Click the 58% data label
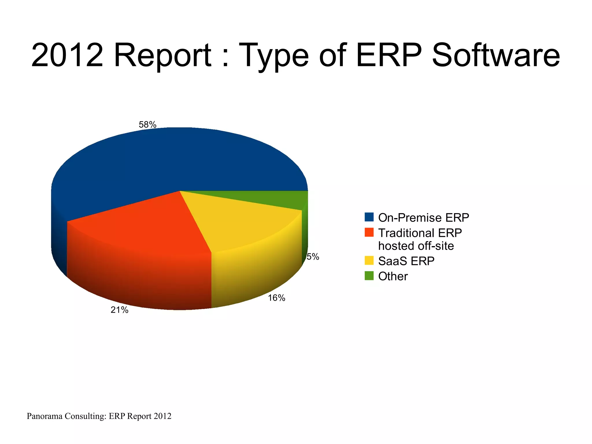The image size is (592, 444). [x=147, y=125]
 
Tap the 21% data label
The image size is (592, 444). [x=119, y=310]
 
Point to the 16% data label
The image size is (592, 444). [x=276, y=298]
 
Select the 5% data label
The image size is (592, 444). [x=313, y=257]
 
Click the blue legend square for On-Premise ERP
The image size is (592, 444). [x=369, y=217]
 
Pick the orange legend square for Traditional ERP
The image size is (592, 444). [x=369, y=232]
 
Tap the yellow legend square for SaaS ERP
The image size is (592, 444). [x=369, y=260]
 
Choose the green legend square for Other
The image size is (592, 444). [x=369, y=276]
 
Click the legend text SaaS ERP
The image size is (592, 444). [x=406, y=261]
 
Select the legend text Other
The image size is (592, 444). [x=393, y=276]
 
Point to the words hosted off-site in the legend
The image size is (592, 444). [x=416, y=246]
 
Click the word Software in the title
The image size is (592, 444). [x=495, y=55]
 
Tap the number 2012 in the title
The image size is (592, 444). [x=67, y=55]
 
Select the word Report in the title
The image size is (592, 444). [x=163, y=55]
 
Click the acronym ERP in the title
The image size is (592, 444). [x=389, y=55]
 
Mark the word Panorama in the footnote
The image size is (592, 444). [x=45, y=416]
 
